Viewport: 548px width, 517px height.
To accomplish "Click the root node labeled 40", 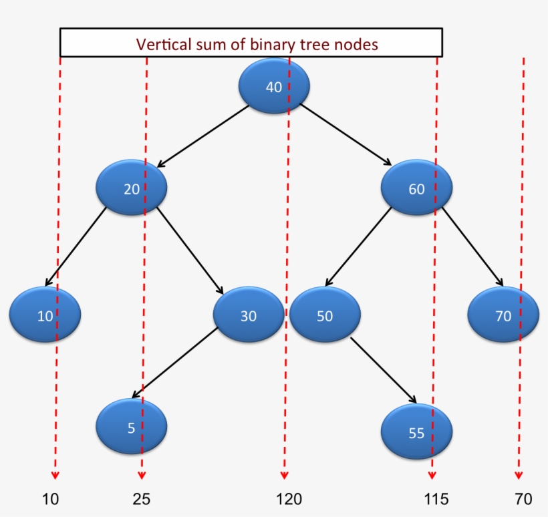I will [x=274, y=88].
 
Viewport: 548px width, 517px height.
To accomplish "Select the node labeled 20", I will [x=132, y=189].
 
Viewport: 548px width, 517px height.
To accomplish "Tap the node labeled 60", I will [x=416, y=189].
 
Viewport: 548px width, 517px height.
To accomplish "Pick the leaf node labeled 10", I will [x=45, y=315].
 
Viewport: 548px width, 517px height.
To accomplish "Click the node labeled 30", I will [x=249, y=315].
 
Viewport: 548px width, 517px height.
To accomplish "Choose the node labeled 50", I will [x=325, y=315].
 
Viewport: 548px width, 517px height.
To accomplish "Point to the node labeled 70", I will [x=503, y=315].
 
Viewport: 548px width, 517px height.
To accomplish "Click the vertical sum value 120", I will [x=289, y=499].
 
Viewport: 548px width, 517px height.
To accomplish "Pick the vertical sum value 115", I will [x=436, y=499].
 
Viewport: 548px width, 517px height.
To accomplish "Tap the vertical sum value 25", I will [x=142, y=499].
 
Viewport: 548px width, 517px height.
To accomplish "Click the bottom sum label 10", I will [x=51, y=499].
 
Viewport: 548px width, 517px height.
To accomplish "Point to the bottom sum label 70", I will [x=523, y=499].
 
